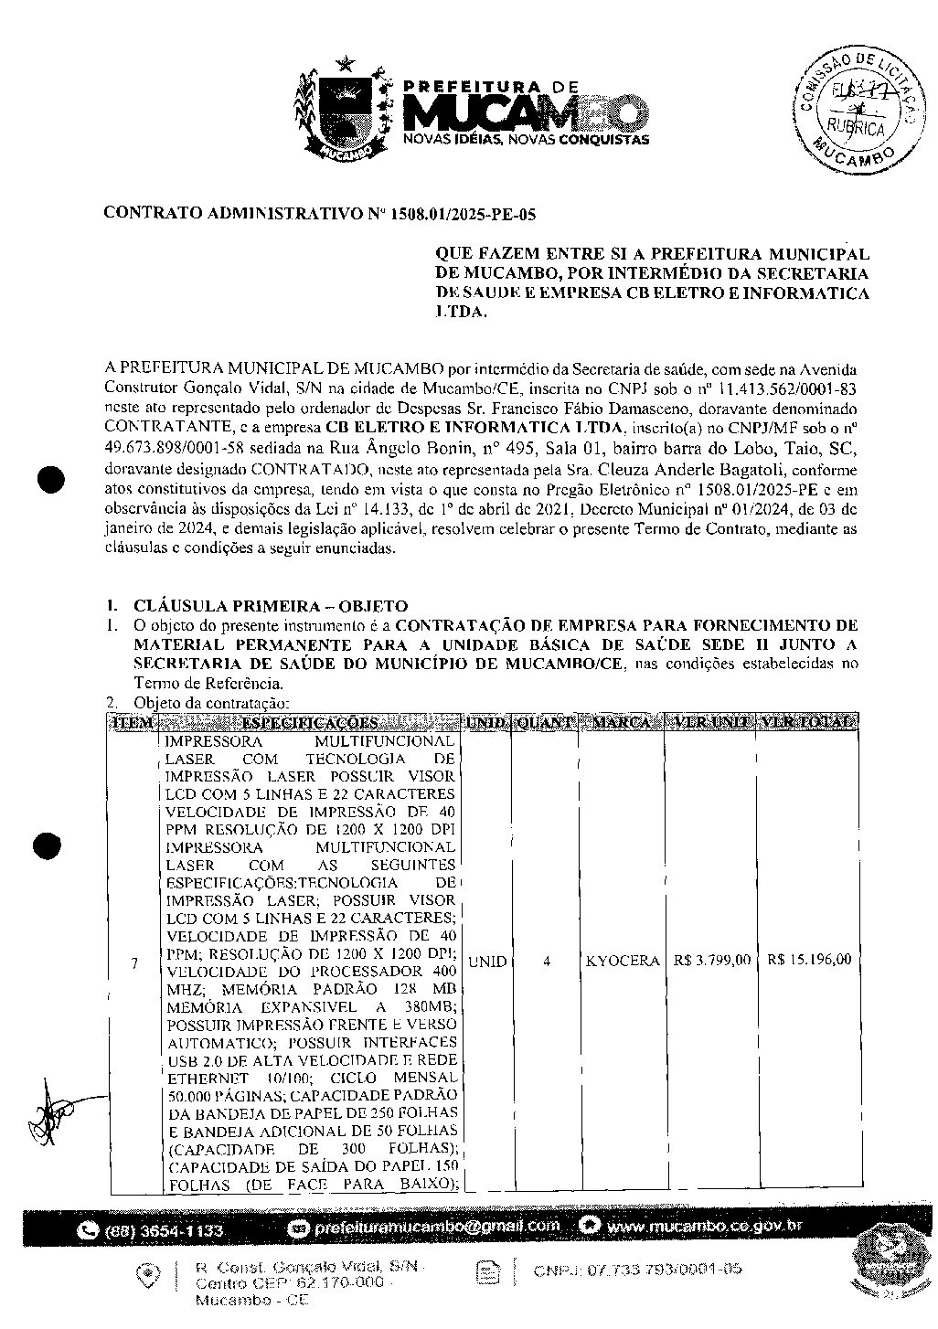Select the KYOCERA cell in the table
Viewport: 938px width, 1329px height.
click(x=622, y=961)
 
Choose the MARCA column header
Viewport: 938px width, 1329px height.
click(x=622, y=723)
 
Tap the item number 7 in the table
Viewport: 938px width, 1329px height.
click(x=134, y=962)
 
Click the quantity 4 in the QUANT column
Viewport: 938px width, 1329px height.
click(x=546, y=961)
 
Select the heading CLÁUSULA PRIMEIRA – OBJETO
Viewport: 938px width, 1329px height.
click(x=270, y=606)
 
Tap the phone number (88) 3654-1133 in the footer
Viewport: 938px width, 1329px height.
click(x=165, y=1230)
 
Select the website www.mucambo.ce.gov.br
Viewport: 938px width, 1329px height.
click(x=702, y=1226)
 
